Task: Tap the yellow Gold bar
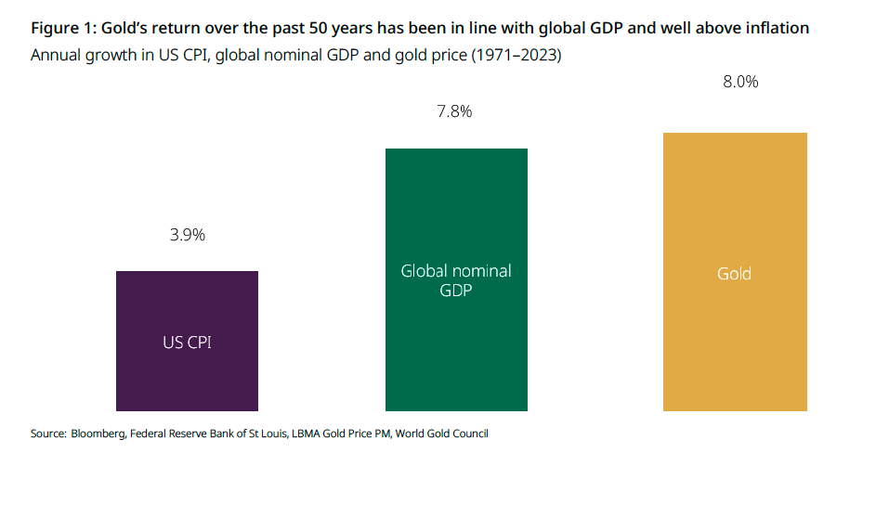coord(735,353)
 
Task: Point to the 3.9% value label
coord(187,235)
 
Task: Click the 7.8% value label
coord(454,112)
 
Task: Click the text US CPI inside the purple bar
coord(188,343)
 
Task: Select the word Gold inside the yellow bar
coord(734,274)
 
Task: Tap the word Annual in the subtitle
coord(56,56)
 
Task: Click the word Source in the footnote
coord(47,434)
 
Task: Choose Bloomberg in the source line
coord(96,434)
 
